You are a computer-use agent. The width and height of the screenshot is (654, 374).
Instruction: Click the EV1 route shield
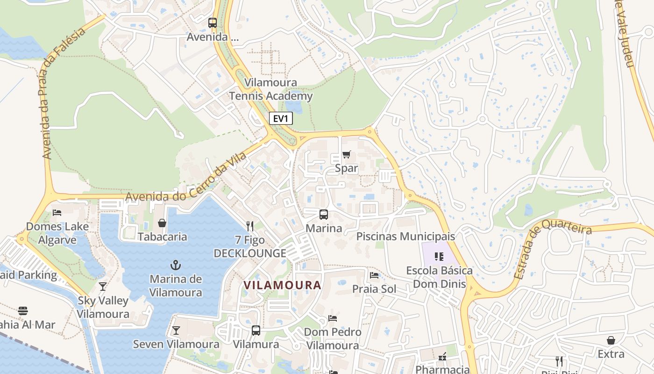coord(281,119)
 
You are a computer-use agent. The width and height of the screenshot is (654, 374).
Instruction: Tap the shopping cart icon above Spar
coord(346,154)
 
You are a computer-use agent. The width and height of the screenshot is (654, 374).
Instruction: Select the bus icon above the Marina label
coord(323,215)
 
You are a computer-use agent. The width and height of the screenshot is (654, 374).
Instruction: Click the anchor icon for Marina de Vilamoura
coord(176,265)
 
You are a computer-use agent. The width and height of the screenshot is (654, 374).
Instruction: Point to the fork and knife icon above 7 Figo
coord(250,226)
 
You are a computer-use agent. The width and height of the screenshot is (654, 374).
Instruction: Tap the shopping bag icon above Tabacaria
coord(162,223)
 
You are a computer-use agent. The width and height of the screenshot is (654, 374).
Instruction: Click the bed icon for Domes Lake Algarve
coord(57,213)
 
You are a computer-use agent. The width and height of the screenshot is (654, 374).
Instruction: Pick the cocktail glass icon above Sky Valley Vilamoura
coord(103,286)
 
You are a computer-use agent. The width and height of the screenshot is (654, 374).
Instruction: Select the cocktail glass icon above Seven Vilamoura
coord(176,331)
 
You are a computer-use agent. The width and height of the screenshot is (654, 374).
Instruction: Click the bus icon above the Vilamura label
coord(256,331)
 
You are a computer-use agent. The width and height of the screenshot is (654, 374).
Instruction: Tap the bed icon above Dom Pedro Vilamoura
coord(332,318)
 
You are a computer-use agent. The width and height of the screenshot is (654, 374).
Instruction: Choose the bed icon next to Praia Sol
coord(374,275)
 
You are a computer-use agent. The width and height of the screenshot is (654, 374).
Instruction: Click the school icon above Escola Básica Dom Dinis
coord(439,256)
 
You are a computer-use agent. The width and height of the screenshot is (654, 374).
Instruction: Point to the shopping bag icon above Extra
coord(611,340)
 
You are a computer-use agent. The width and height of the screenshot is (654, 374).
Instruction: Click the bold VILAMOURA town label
coord(283,285)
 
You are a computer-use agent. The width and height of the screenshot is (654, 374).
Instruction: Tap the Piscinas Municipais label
coord(405,236)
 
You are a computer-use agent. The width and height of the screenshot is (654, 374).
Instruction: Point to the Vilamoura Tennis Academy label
coord(271,89)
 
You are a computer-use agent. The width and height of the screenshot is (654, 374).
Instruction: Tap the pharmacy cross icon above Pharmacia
coord(442,357)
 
